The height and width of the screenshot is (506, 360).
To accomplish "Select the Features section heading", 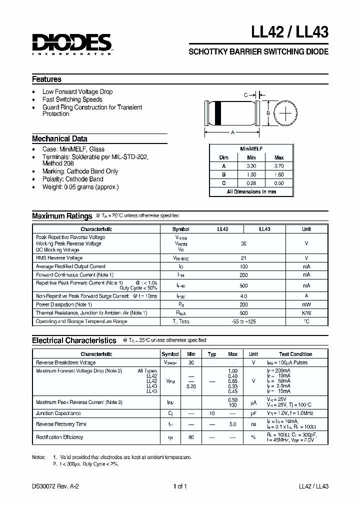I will pos(46,79).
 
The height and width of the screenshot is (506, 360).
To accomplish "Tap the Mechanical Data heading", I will pos(59,139).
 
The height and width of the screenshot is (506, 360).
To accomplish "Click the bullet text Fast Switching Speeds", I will pos(72,99).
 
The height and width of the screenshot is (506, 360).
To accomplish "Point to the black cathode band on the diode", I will pos(219,113).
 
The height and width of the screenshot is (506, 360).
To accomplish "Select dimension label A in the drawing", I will pos(232,132).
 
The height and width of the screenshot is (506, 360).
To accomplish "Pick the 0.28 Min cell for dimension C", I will pos(251,183).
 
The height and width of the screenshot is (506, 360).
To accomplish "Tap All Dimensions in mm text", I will pos(251,191).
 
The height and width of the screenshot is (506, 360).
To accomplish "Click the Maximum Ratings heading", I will pos(62,216).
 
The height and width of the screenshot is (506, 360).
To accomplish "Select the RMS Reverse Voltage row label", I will pos(59,258).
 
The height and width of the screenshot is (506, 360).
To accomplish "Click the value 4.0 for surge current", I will pos(243,296).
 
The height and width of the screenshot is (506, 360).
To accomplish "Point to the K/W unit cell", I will pos(306,312).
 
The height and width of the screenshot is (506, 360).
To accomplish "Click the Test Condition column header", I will pos(295,354).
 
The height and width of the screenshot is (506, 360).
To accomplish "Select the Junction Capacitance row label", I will pos(58,413).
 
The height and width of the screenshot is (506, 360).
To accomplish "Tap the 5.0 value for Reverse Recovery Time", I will pos(232,424).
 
